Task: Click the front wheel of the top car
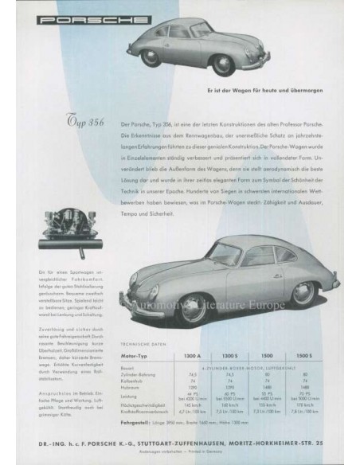pyautogui.click(x=152, y=58)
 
